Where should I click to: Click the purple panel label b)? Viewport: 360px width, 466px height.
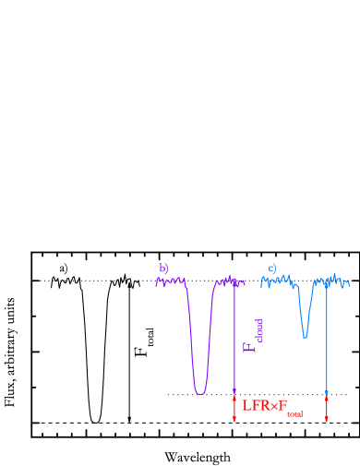point(163,269)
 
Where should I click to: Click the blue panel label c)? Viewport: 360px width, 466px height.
point(272,269)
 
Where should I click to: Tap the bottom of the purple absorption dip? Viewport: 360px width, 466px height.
point(200,393)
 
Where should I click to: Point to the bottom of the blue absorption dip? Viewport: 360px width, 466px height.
point(305,337)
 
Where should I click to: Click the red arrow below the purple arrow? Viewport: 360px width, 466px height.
point(234,410)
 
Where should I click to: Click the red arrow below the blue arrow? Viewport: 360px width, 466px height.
point(327,410)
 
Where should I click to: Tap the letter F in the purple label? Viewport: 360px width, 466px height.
point(247,347)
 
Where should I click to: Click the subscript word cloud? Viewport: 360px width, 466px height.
point(259,330)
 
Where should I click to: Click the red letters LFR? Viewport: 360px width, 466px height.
point(255,406)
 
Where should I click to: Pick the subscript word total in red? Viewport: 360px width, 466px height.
point(294,414)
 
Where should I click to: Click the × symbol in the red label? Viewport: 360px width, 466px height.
point(274,407)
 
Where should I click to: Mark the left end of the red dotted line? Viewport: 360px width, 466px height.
point(168,395)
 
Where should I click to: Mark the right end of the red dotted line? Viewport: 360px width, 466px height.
point(347,395)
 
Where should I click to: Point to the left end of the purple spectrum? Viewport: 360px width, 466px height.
point(156,281)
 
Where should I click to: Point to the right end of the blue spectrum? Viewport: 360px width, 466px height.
point(349,283)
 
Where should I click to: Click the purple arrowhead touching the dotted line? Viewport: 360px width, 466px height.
point(234,391)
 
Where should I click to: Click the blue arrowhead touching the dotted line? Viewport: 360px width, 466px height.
point(327,391)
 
